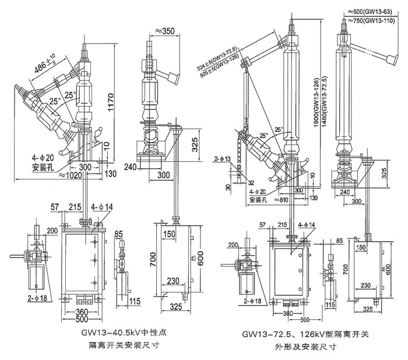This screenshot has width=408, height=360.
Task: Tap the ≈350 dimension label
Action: pyautogui.click(x=167, y=30)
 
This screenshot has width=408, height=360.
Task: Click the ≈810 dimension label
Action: pyautogui.click(x=263, y=199)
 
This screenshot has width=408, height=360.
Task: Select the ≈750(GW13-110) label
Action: pyautogui.click(x=374, y=19)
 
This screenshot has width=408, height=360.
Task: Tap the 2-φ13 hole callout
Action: pyautogui.click(x=222, y=158)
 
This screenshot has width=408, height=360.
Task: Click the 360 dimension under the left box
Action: pyautogui.click(x=82, y=312)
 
